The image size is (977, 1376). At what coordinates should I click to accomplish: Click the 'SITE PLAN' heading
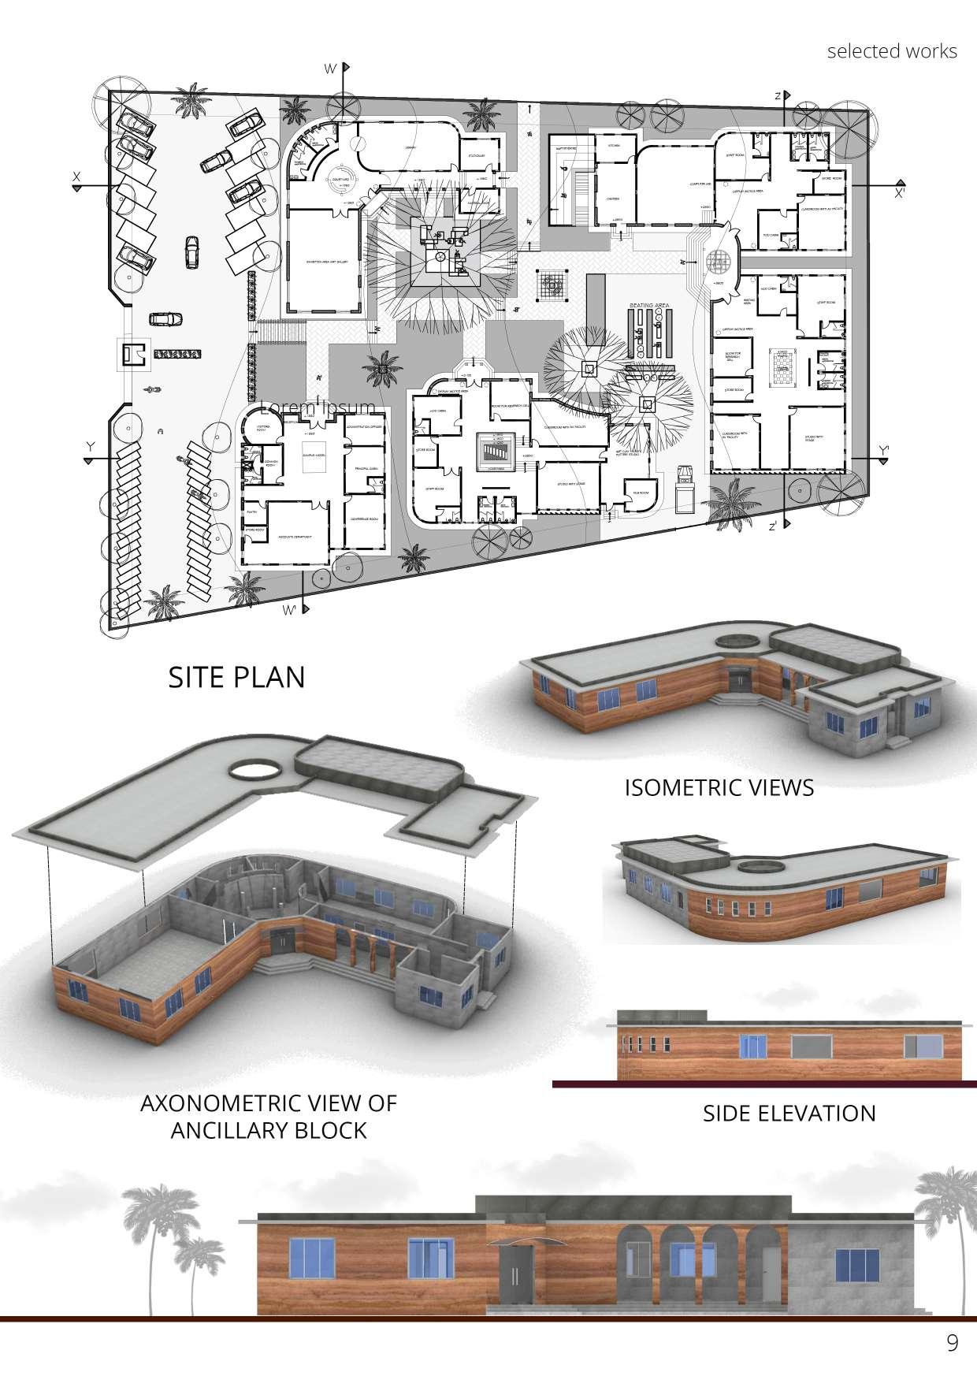(x=236, y=677)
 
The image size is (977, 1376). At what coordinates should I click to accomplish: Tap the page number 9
(x=952, y=1343)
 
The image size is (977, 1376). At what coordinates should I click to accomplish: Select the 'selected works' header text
(x=892, y=51)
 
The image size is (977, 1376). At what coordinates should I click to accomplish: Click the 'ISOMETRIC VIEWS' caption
(x=719, y=787)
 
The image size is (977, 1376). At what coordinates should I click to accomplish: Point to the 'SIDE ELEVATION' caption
(x=789, y=1113)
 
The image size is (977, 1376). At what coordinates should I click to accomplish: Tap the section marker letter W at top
(x=331, y=69)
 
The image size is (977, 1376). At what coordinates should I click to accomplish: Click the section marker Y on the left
(x=91, y=447)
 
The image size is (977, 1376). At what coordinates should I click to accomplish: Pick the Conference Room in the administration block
(x=366, y=523)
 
